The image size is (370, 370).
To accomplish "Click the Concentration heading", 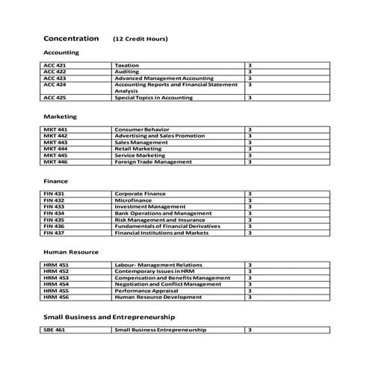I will coord(71,38).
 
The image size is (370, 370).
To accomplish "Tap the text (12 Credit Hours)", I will coord(140,39).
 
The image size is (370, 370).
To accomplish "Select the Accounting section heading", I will coord(61,53).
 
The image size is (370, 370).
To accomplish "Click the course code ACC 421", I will coord(55,66).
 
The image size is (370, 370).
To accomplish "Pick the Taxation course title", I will coord(126,66).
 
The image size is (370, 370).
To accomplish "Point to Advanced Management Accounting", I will coord(164,78).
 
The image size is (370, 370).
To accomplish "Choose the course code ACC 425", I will coord(55,97).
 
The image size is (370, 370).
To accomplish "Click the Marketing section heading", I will coord(60,117).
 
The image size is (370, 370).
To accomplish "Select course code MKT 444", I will coord(55,149).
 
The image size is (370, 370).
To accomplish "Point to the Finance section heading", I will coord(56,181).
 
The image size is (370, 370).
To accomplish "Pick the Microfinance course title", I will coord(132,200).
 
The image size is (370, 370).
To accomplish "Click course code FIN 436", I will coord(54,226).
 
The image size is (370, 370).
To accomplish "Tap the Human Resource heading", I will coord(71,253).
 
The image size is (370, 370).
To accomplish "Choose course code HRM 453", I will coord(56,278).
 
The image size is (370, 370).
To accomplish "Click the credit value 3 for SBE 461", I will coord(249,330).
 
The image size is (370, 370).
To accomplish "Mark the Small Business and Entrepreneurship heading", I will coord(109,317).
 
